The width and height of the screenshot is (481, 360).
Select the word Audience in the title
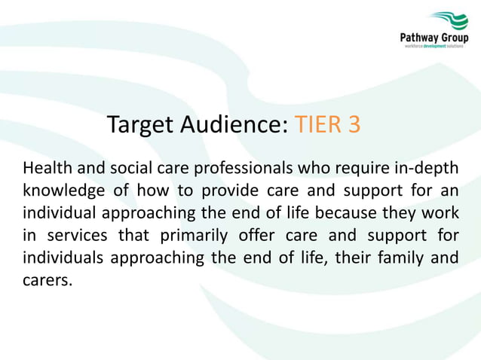(237, 124)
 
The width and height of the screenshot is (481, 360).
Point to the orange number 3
(354, 124)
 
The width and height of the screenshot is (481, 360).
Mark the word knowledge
(63, 189)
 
